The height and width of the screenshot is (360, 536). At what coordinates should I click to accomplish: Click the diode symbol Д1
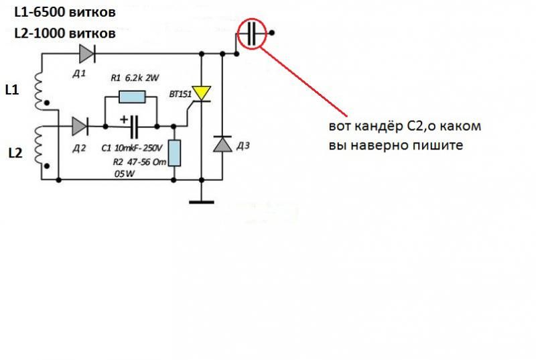(x=87, y=54)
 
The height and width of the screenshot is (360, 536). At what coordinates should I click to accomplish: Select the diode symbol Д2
(x=80, y=127)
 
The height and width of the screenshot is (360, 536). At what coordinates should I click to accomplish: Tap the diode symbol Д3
(x=222, y=144)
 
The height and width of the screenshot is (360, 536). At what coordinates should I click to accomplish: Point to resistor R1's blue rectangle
(x=132, y=97)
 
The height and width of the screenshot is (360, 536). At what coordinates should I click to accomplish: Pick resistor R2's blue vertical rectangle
(x=174, y=153)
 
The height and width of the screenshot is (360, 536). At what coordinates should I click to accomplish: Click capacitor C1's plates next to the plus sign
(x=134, y=127)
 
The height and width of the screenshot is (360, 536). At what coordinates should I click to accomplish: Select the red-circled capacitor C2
(x=252, y=34)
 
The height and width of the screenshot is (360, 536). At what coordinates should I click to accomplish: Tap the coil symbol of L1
(x=39, y=91)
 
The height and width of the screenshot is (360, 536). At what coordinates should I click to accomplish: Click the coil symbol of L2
(x=39, y=145)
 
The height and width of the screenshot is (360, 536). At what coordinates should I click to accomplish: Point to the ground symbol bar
(x=202, y=202)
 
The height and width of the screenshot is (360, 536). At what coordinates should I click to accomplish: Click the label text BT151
(x=180, y=94)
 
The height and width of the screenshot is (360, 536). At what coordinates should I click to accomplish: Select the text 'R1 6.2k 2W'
(x=135, y=78)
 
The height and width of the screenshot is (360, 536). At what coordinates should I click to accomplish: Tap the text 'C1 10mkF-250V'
(x=132, y=148)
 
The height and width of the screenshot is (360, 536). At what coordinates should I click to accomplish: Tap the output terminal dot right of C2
(x=272, y=33)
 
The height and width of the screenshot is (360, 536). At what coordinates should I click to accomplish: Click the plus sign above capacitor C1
(x=124, y=119)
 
